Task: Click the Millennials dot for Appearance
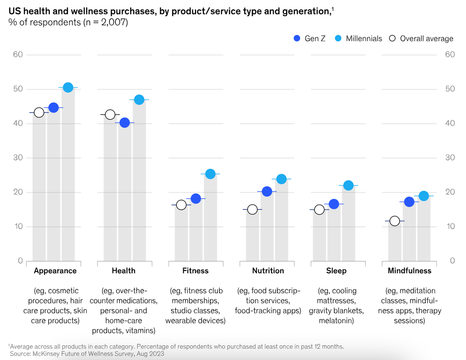point(68,87)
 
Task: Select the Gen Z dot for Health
point(125,123)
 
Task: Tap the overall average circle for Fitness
point(181,205)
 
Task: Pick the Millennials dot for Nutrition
point(282,179)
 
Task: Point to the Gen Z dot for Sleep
point(334,204)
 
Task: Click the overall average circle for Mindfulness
point(395,221)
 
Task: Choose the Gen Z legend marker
point(297,38)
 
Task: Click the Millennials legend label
point(364,38)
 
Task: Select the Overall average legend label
point(426,38)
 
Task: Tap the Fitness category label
point(195,271)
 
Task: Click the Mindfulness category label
point(409,271)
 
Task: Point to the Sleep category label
point(336,271)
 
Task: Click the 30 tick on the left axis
point(19,158)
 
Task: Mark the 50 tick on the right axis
point(450,89)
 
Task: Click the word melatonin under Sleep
point(336,321)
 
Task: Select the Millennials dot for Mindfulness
point(424,196)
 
